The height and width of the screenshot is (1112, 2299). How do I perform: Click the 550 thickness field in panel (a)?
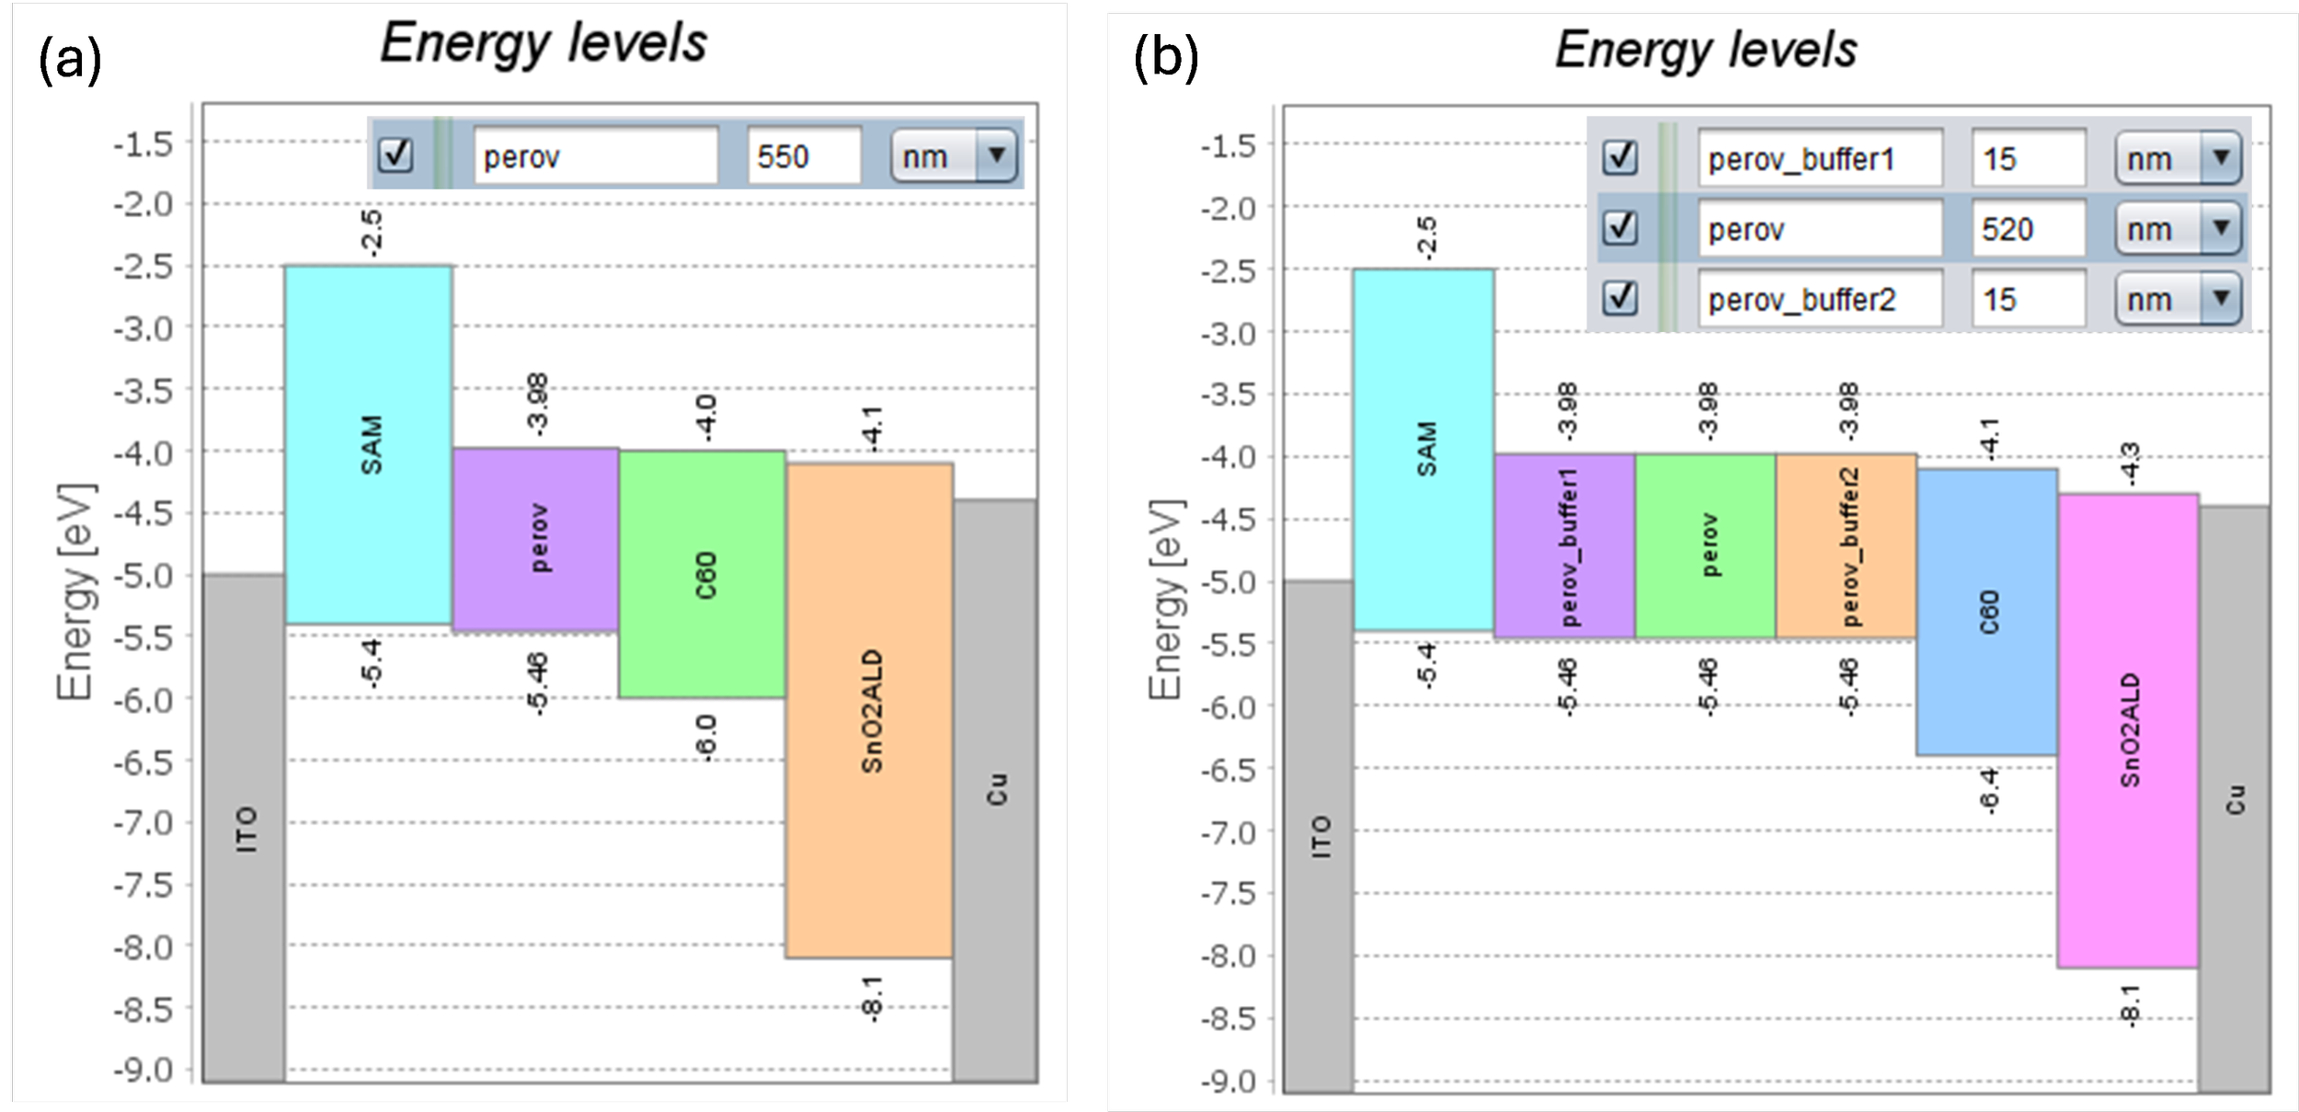point(803,156)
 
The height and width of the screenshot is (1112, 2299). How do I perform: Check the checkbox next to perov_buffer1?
point(1619,158)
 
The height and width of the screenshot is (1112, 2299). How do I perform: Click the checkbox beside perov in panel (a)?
point(396,155)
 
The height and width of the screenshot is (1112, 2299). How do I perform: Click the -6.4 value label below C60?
point(1987,791)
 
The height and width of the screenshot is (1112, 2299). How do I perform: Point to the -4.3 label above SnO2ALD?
point(2130,464)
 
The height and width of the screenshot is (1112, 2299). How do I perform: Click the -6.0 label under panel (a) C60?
point(704,737)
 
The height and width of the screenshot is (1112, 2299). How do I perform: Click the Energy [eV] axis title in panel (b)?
point(1165,600)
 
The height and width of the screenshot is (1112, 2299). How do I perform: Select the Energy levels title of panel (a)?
point(543,43)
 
